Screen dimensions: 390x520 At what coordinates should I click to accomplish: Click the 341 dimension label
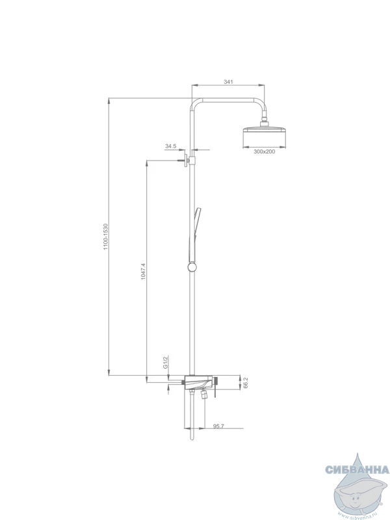[x=229, y=82]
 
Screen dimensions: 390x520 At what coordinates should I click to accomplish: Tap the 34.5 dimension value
[x=170, y=146]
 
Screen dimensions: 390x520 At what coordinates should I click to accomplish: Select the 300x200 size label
[x=265, y=151]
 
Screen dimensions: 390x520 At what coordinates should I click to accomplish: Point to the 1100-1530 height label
[x=106, y=237]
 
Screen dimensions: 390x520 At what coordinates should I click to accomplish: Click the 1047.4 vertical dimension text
[x=143, y=271]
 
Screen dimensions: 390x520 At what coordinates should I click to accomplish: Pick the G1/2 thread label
[x=165, y=362]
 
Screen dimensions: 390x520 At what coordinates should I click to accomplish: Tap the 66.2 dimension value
[x=246, y=383]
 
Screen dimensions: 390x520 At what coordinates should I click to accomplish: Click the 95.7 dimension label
[x=218, y=426]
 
